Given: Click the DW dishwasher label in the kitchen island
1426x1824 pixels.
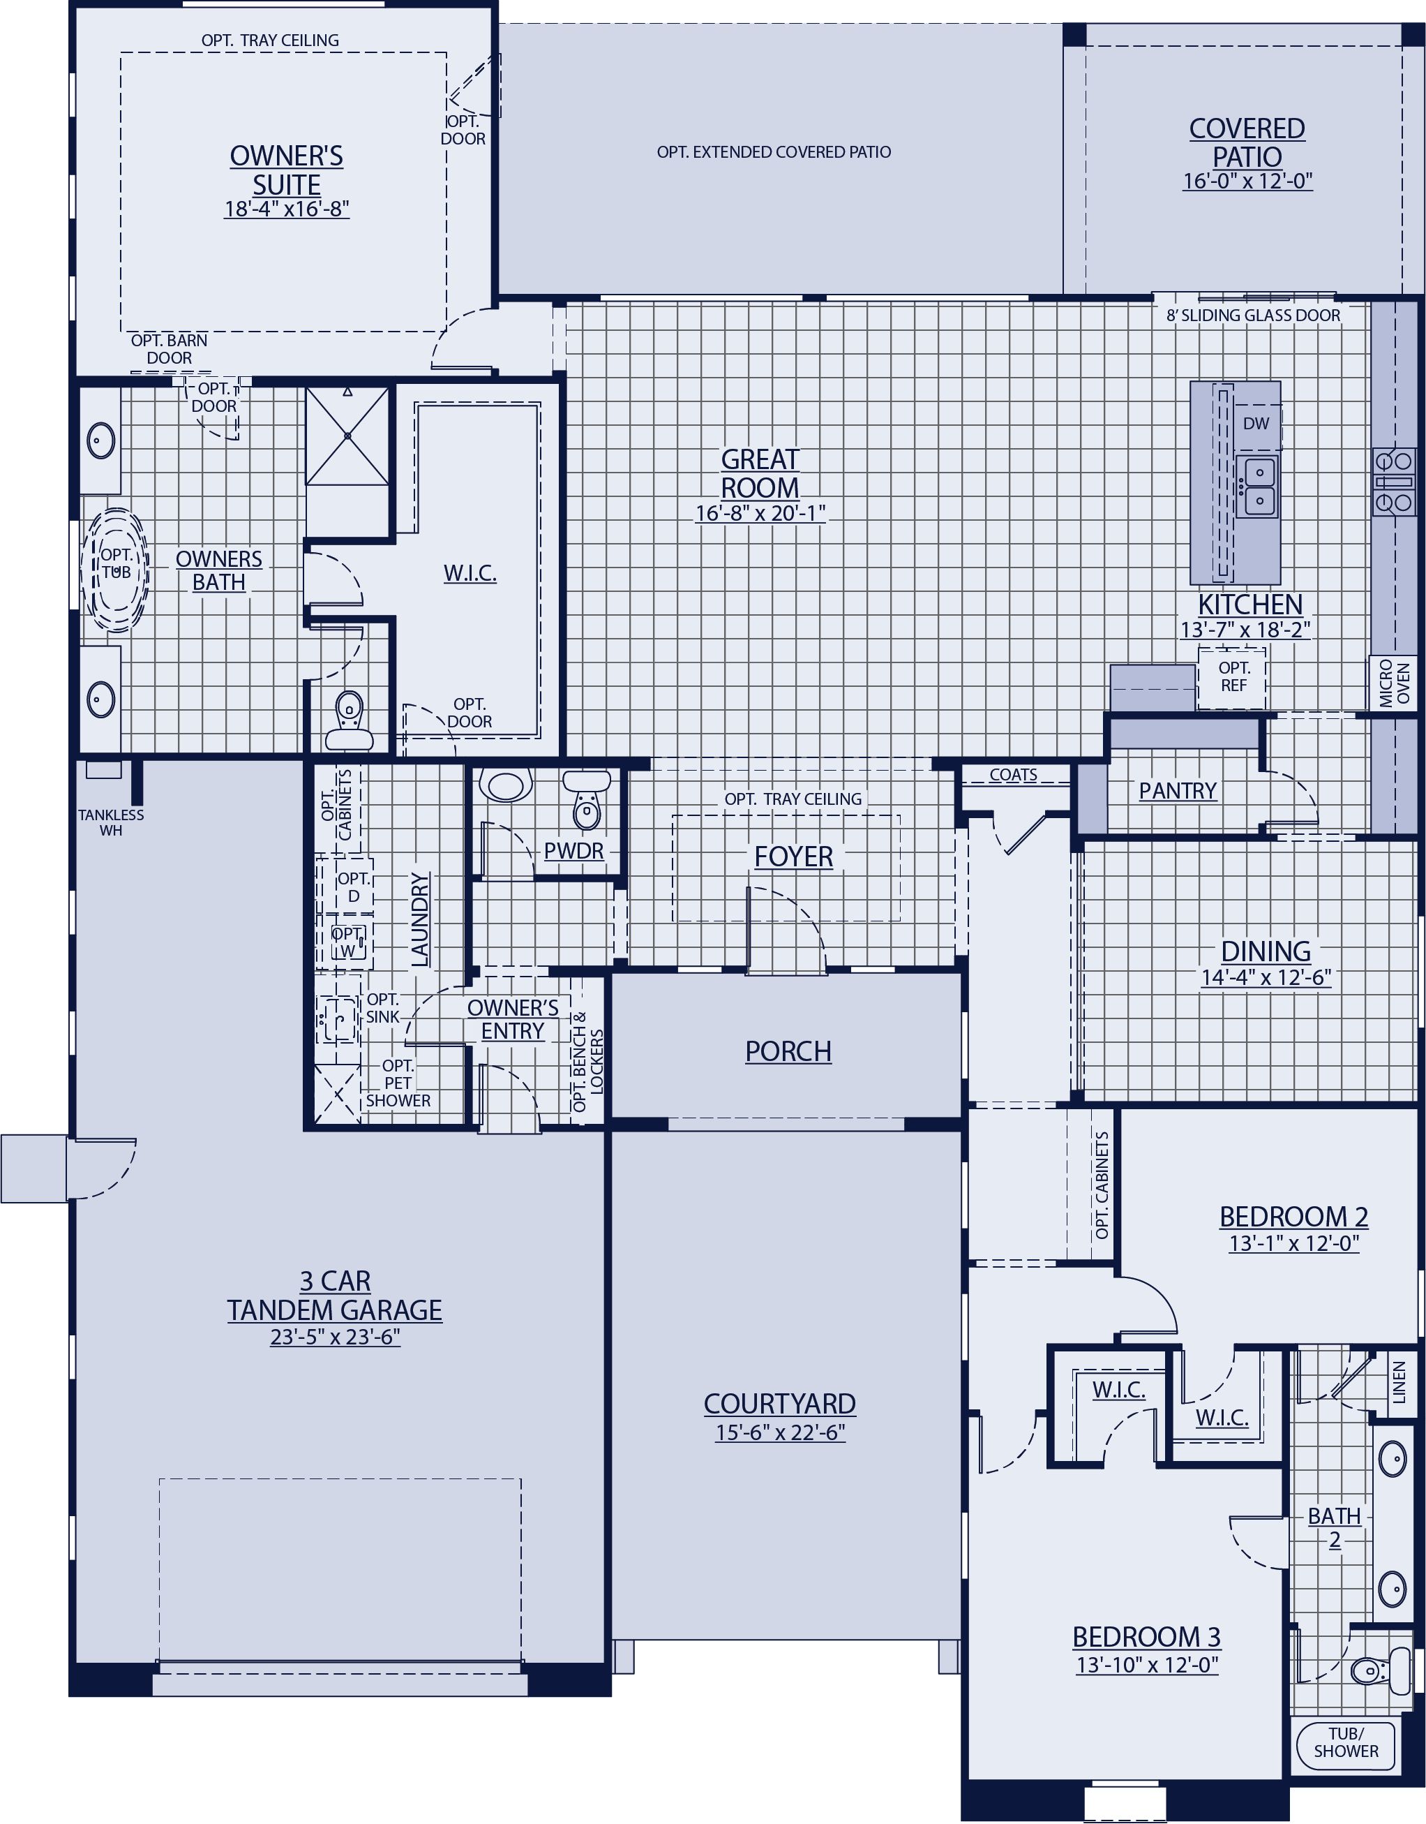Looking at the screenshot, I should pyautogui.click(x=1256, y=424).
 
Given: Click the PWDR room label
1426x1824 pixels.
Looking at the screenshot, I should pyautogui.click(x=573, y=851).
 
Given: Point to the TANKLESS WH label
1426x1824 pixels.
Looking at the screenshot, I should pyautogui.click(x=111, y=822).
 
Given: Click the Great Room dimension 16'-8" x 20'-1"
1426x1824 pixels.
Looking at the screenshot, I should pyautogui.click(x=760, y=513).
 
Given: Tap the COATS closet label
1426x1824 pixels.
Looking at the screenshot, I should pyautogui.click(x=1013, y=775).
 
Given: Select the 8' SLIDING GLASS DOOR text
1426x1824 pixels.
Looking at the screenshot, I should pyautogui.click(x=1252, y=316).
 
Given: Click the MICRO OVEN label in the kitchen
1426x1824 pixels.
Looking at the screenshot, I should pyautogui.click(x=1393, y=682).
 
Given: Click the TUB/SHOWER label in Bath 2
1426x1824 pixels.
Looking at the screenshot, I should pyautogui.click(x=1346, y=1742).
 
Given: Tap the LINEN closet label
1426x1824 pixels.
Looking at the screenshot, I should pyautogui.click(x=1399, y=1382).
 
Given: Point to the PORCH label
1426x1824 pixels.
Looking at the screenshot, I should pyautogui.click(x=788, y=1051).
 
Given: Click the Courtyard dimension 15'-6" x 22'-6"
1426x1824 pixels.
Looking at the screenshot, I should pyautogui.click(x=780, y=1432).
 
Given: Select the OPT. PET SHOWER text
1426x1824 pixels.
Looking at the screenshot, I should pyautogui.click(x=398, y=1083).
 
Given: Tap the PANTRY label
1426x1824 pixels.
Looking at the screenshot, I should pyautogui.click(x=1177, y=790).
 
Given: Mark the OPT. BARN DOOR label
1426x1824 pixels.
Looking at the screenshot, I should pyautogui.click(x=170, y=349).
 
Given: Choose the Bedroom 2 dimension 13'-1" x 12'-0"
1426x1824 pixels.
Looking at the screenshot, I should pyautogui.click(x=1293, y=1243).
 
